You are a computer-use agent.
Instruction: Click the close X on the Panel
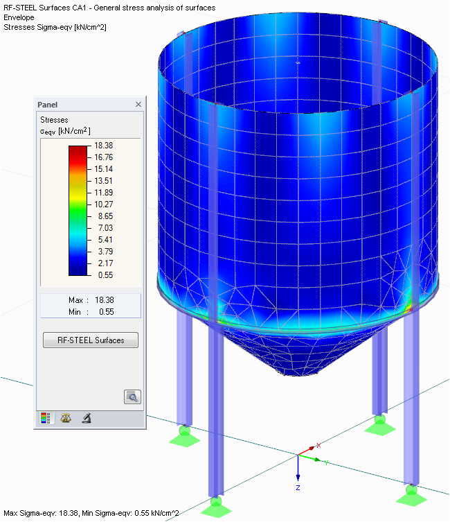[138, 105]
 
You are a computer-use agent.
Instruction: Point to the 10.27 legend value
[104, 205]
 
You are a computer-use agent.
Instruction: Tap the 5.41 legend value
[104, 240]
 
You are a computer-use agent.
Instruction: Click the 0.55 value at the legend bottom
[104, 275]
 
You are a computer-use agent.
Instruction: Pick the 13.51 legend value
[104, 181]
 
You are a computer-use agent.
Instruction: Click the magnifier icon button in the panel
[132, 397]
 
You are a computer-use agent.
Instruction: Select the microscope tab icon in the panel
[87, 418]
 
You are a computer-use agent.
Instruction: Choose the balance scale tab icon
[66, 418]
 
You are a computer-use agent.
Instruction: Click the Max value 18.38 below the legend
[104, 300]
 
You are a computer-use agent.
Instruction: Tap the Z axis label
[298, 488]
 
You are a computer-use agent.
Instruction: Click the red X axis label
[318, 446]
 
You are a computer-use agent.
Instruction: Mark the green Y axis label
[325, 461]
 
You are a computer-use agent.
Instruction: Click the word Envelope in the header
[20, 17]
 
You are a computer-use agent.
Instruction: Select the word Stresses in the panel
[55, 120]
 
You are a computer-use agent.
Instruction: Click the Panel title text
[48, 105]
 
